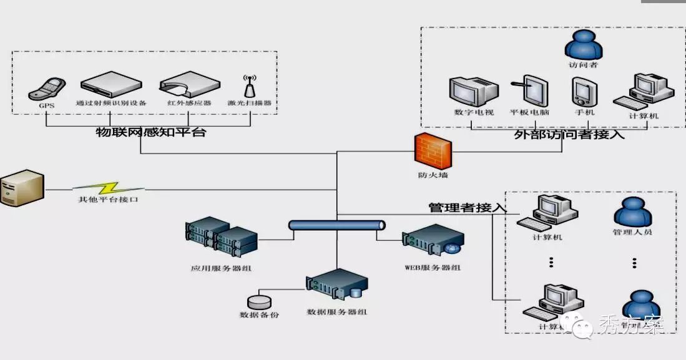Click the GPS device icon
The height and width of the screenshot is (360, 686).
coord(47,89)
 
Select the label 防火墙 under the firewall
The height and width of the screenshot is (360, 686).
coord(433,175)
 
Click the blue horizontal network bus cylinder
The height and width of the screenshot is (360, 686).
coord(337,225)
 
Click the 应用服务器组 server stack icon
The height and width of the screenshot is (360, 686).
coord(221,237)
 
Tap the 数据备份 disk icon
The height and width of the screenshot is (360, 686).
coord(259,302)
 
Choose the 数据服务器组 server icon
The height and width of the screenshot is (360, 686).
coord(337,285)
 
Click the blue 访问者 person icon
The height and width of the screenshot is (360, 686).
coord(582,46)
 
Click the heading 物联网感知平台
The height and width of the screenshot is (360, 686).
coord(150,132)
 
